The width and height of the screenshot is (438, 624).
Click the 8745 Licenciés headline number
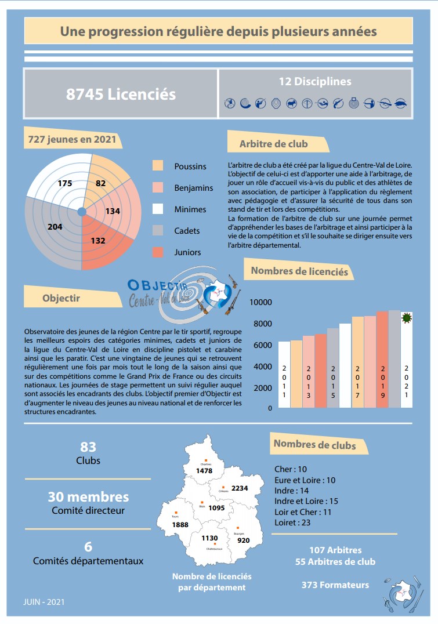(121, 94)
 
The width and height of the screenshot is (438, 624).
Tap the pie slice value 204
(55, 227)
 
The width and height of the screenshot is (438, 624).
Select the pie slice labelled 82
(101, 183)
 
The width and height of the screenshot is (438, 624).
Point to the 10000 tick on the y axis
(260, 302)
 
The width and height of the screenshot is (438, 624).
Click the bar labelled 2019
(382, 360)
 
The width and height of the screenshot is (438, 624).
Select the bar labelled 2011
(284, 374)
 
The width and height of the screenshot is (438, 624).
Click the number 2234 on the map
(240, 488)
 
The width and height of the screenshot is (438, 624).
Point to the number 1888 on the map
(180, 525)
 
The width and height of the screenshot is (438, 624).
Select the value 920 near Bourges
(244, 540)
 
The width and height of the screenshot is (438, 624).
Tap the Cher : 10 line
(290, 469)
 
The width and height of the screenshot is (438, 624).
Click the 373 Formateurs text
(335, 585)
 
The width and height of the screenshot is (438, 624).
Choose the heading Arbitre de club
(274, 144)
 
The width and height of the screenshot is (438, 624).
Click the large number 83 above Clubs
(88, 447)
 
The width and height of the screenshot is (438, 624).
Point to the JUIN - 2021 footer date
(44, 602)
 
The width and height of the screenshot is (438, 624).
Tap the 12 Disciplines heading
(315, 82)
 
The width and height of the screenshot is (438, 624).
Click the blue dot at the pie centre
(82, 211)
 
